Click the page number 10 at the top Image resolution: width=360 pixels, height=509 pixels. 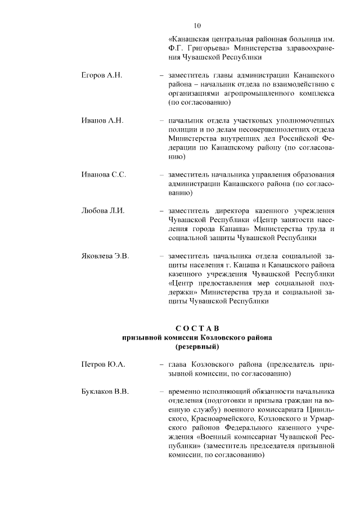tap(197, 25)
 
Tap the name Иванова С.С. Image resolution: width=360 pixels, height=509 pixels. tap(103, 175)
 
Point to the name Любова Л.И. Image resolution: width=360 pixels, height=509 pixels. tap(102, 211)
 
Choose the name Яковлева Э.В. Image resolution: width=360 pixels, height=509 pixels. tap(105, 256)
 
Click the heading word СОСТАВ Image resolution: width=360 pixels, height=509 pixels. tap(196, 328)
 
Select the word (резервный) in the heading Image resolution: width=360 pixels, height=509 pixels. tap(196, 348)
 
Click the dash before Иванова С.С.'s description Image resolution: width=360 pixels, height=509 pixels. tap(162, 175)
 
